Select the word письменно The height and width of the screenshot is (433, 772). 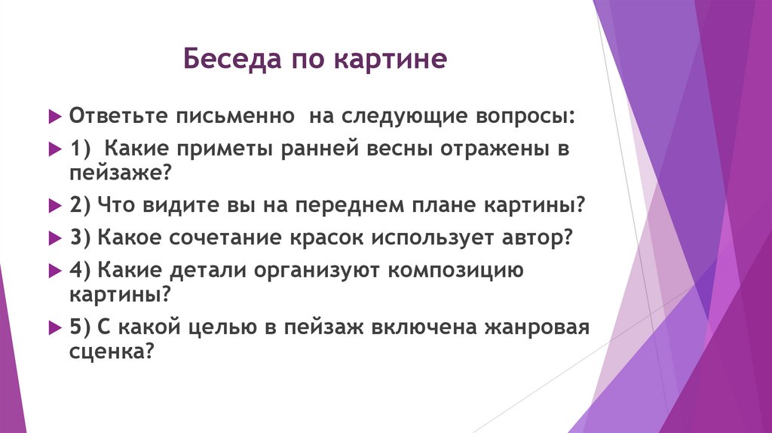234,117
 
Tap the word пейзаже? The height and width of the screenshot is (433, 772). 121,174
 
